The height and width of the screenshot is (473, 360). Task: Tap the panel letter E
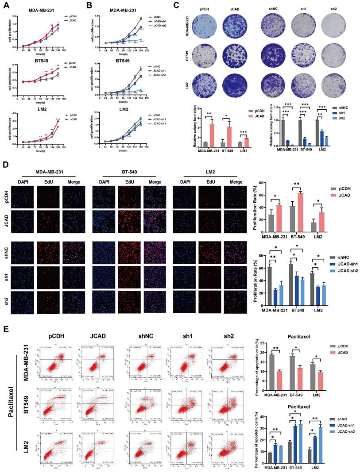click(5, 330)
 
